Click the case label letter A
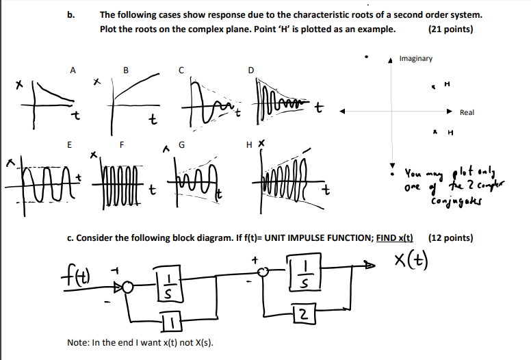(x=73, y=69)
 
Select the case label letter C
(x=181, y=69)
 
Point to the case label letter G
(x=181, y=144)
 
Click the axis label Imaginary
(x=416, y=59)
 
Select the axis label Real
(x=467, y=112)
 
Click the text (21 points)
(x=450, y=29)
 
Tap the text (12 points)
(x=450, y=237)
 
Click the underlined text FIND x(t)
(x=396, y=237)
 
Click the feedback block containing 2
(x=301, y=313)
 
